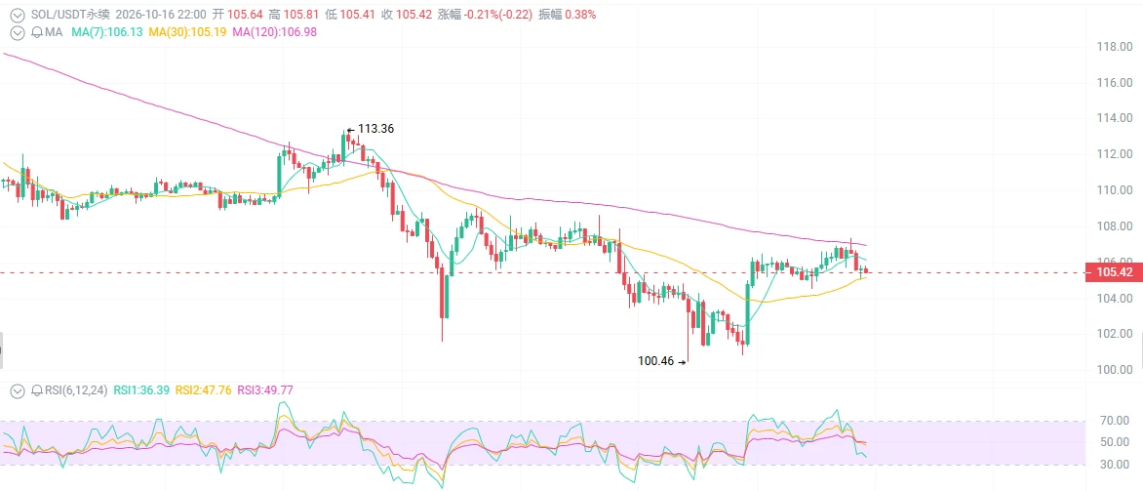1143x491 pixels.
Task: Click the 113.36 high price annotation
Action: (376, 129)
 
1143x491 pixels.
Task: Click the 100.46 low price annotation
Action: (656, 360)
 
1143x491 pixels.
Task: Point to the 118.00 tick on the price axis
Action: (1114, 48)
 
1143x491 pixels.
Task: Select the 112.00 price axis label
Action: (1114, 154)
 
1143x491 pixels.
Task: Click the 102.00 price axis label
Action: (1114, 334)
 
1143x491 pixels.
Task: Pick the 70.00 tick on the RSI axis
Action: (1116, 421)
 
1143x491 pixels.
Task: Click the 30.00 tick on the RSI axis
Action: (1116, 464)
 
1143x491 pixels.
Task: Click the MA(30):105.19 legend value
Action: (186, 32)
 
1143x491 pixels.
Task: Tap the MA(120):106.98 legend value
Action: (274, 32)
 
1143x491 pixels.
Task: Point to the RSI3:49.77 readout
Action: (265, 390)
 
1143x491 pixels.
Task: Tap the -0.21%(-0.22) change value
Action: (498, 15)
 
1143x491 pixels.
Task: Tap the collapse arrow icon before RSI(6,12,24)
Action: (19, 390)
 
